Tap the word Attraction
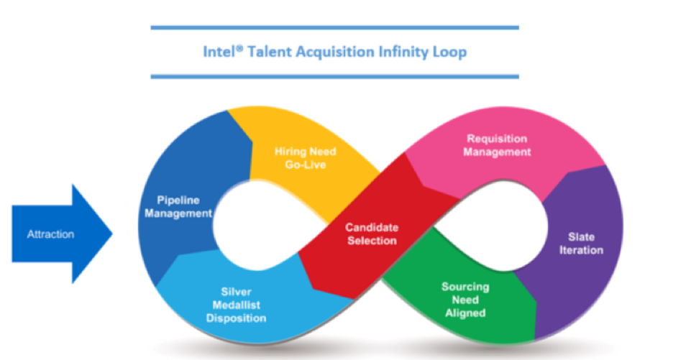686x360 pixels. point(50,234)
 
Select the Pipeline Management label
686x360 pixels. point(184,206)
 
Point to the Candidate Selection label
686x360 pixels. point(372,234)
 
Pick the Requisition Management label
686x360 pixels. point(497,145)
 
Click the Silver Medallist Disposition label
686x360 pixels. point(236,305)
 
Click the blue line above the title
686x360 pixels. point(334,28)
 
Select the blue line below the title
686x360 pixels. point(334,75)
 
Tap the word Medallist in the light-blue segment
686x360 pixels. point(236,305)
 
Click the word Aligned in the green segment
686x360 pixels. point(465,313)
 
